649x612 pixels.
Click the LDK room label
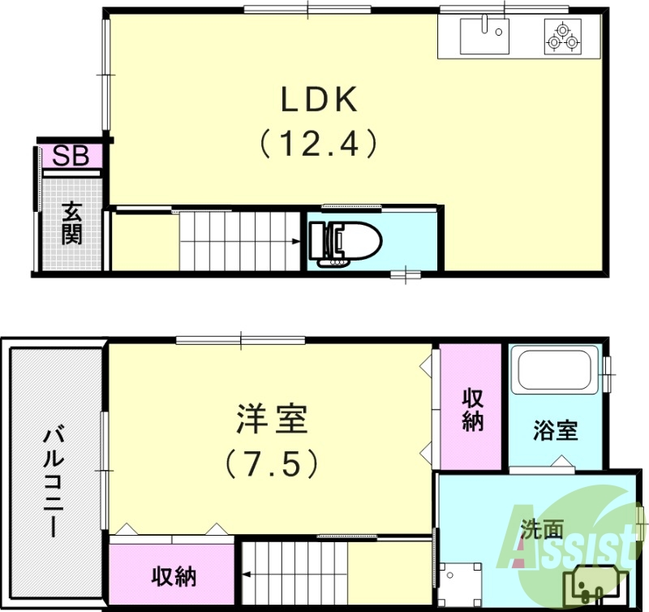tap(319, 100)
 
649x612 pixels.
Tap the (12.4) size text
tap(319, 144)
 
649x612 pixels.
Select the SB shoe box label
tap(71, 156)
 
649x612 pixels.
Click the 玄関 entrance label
tap(71, 226)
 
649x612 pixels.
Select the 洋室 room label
tap(270, 420)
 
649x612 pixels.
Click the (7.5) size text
tap(270, 463)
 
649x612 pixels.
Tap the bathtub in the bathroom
tap(556, 370)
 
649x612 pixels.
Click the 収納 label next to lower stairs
tap(174, 576)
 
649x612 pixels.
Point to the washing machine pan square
tap(459, 582)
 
